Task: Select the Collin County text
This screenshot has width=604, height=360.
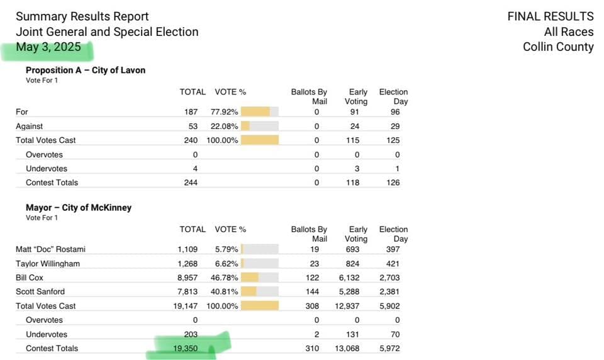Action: pos(558,47)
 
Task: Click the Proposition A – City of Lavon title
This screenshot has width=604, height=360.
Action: pos(85,70)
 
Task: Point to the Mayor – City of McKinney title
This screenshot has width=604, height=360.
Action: pos(78,208)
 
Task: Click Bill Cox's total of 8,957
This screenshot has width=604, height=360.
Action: pos(187,278)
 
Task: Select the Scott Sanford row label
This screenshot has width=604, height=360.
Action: pos(40,291)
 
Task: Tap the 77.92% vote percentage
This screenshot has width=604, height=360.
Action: pos(224,112)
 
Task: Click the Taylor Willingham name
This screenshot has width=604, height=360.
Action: pos(48,264)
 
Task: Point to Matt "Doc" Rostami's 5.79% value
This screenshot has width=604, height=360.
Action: pos(225,250)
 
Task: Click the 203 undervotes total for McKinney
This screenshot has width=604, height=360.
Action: pos(190,334)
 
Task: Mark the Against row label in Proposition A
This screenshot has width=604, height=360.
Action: pos(30,126)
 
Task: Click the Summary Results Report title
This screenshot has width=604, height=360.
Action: pos(82,16)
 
